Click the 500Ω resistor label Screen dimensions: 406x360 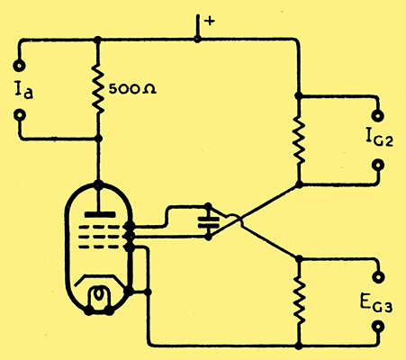[132, 89]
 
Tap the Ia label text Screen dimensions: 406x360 [23, 90]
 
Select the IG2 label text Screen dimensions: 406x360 [379, 139]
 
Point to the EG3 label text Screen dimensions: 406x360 [375, 304]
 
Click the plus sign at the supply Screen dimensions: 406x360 [210, 21]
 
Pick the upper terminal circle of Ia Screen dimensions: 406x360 [20, 65]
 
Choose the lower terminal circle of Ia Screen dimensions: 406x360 [20, 115]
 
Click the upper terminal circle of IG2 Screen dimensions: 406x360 [378, 116]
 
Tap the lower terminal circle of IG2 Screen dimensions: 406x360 [378, 166]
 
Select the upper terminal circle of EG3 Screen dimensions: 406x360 [378, 277]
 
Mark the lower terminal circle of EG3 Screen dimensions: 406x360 [378, 327]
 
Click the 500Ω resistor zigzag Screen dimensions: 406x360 [98, 89]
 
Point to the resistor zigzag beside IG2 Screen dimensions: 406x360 [298, 139]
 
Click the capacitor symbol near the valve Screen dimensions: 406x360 [208, 221]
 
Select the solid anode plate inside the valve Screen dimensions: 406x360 [100, 214]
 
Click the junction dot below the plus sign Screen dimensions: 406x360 [197, 39]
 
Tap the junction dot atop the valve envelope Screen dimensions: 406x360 [99, 184]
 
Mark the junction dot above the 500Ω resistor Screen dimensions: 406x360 [97, 40]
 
